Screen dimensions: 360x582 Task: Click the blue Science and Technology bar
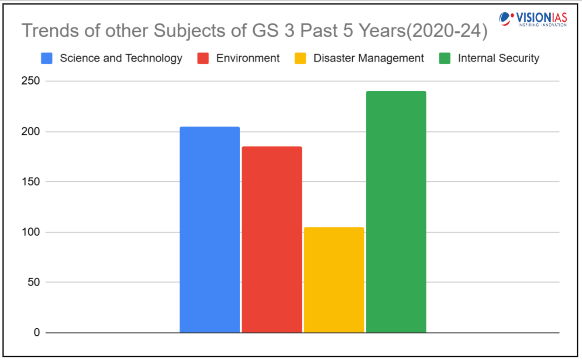(x=210, y=230)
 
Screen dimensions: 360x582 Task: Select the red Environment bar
(x=272, y=240)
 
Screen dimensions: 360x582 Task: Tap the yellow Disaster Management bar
(x=334, y=280)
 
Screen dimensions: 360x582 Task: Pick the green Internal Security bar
(x=396, y=212)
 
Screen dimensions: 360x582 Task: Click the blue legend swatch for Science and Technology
(x=47, y=58)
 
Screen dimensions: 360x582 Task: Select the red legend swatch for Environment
(x=203, y=58)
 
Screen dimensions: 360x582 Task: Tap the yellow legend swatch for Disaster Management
(x=300, y=58)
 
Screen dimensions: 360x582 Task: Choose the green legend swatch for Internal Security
(x=444, y=58)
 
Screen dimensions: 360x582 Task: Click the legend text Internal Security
(x=498, y=58)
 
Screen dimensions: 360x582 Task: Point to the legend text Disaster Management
(x=368, y=58)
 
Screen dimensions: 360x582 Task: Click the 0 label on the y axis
(x=37, y=333)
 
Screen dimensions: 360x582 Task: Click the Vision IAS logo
(x=533, y=19)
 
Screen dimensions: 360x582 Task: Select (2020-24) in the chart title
(x=447, y=31)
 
